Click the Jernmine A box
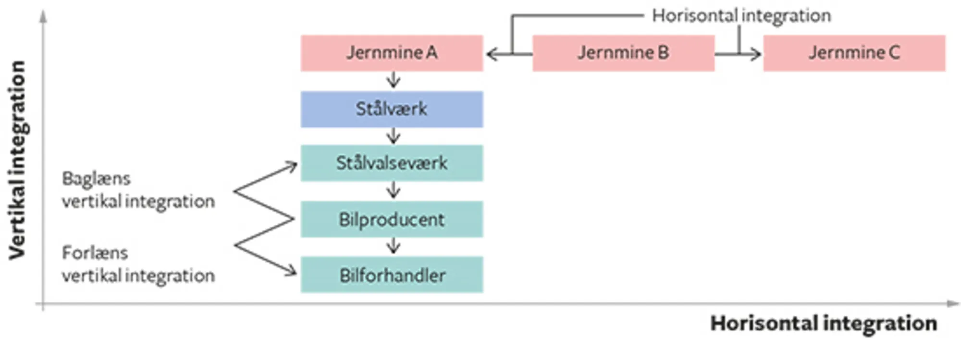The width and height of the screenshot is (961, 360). point(392,53)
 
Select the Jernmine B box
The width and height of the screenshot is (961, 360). point(623,53)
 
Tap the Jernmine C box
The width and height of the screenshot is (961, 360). point(854,53)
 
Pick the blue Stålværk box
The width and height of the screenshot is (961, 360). point(392,109)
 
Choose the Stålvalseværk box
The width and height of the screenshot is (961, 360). point(392,163)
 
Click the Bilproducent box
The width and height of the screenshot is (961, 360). point(392,219)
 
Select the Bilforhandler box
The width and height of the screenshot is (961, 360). point(392,275)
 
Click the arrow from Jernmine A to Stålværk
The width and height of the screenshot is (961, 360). point(393,80)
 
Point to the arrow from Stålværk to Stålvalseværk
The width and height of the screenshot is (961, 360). point(393,136)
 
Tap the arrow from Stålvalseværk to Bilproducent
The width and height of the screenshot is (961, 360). point(393,190)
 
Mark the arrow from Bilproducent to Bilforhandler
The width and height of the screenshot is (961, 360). point(393,246)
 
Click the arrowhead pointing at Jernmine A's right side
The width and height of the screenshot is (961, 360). point(491,54)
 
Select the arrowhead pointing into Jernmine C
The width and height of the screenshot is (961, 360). point(756,54)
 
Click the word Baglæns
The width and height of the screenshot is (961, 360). point(96,179)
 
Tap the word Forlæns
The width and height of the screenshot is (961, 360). point(95,253)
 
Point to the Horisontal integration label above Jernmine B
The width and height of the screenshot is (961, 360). point(741,16)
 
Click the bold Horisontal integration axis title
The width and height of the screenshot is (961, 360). point(824,323)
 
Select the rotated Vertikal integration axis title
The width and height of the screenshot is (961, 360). point(17,160)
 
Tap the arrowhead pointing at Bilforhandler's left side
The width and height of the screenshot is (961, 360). point(292,272)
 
